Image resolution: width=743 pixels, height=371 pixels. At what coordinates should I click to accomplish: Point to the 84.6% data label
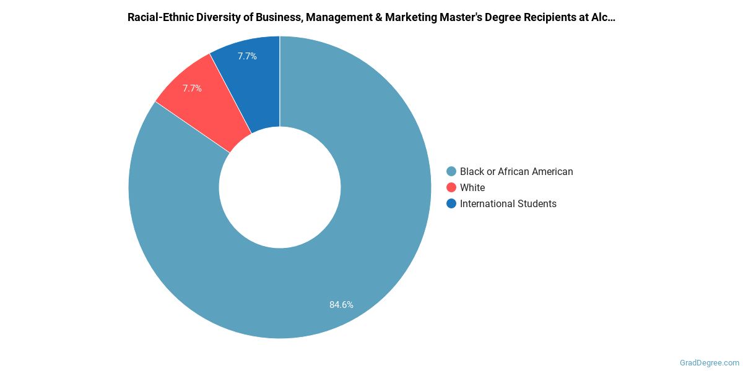(x=341, y=304)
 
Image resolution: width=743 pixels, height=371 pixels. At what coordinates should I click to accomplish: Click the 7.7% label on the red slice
(x=192, y=88)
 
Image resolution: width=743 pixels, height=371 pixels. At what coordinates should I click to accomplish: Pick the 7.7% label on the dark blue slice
(x=247, y=56)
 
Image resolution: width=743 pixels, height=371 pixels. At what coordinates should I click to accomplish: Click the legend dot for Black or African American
(x=451, y=172)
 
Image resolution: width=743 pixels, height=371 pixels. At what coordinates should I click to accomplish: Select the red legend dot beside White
(x=451, y=188)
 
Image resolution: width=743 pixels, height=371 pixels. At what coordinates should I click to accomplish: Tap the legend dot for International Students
(x=451, y=204)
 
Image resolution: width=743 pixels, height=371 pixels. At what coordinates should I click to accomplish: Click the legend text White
(x=472, y=188)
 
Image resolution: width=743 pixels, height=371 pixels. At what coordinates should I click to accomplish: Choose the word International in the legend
(x=487, y=204)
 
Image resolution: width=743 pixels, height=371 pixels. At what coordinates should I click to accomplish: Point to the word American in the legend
(x=551, y=172)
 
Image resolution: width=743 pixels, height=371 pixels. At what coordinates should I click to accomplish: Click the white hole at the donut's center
(x=280, y=187)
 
